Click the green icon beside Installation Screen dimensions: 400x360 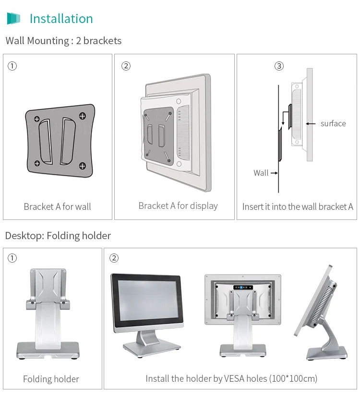click(13, 19)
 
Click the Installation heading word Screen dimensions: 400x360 click(61, 19)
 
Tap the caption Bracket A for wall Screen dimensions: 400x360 click(57, 206)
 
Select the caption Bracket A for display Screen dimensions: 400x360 click(178, 206)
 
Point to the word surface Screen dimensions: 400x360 click(333, 123)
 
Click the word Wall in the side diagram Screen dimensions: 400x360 click(261, 173)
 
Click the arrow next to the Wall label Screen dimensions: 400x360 click(274, 173)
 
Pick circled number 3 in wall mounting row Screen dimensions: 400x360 click(279, 66)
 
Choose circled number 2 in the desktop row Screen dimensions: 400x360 click(114, 258)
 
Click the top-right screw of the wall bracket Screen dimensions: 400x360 click(82, 116)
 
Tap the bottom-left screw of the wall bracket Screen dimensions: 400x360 click(36, 163)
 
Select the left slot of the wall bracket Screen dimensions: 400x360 click(46, 141)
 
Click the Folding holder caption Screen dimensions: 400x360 click(51, 379)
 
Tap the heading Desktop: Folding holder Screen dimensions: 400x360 click(58, 236)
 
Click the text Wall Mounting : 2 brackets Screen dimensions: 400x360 click(63, 41)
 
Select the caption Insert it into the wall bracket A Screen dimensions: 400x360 click(298, 206)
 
